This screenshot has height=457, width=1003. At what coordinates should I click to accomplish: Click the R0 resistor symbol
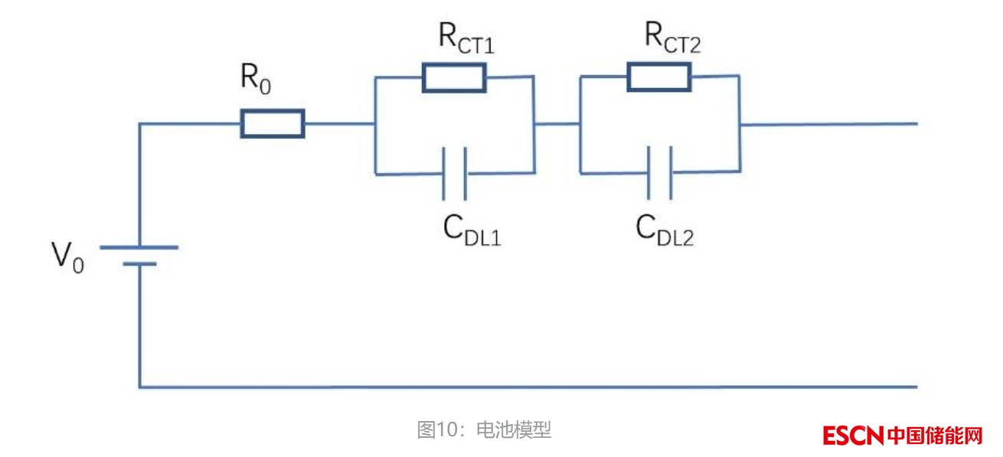pyautogui.click(x=273, y=123)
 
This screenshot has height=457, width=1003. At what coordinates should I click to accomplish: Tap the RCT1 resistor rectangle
pyautogui.click(x=453, y=78)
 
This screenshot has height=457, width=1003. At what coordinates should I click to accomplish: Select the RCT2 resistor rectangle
pyautogui.click(x=658, y=77)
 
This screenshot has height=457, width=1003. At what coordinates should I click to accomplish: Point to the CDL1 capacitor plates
pyautogui.click(x=454, y=173)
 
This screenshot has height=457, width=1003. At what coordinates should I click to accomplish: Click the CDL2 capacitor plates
pyautogui.click(x=660, y=171)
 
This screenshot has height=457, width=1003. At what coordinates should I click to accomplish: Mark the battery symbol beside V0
pyautogui.click(x=139, y=256)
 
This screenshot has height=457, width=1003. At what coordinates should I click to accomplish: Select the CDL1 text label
pyautogui.click(x=472, y=230)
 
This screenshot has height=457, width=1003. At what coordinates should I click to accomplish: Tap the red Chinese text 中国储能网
pyautogui.click(x=935, y=436)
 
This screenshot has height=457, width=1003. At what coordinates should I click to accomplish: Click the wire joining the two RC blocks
pyautogui.click(x=557, y=123)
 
